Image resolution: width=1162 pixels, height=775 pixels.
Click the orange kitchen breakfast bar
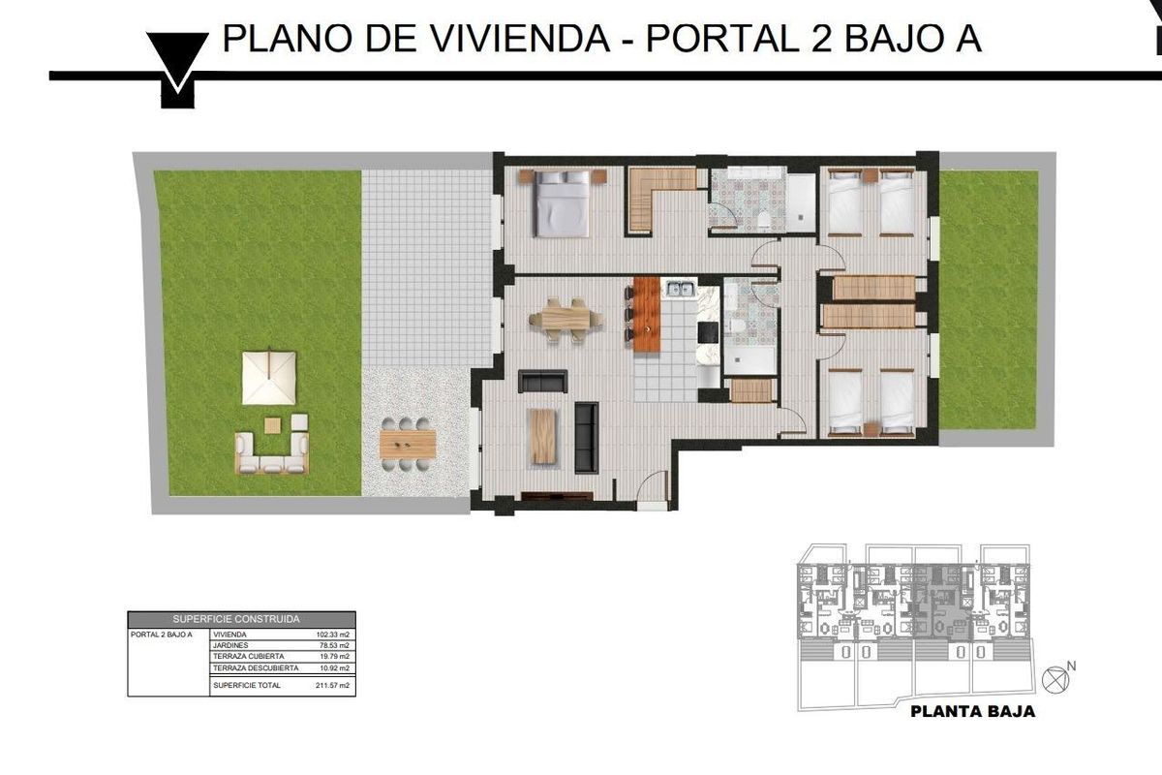pos(647,314)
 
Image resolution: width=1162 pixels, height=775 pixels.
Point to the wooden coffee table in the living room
pos(544,436)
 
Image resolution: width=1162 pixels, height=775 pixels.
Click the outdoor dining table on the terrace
pos(408,445)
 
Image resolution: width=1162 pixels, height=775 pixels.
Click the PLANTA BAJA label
pos(973,711)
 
